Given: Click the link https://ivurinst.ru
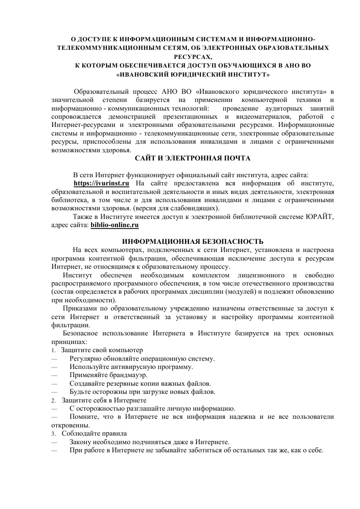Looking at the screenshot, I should (102, 183).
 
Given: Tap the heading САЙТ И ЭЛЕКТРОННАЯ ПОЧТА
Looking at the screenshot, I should (193, 158).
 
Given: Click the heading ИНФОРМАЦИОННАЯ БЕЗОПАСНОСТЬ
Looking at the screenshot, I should (193, 241).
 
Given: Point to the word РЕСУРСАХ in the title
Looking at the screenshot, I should (193, 57).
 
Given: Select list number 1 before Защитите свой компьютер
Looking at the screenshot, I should (53, 351).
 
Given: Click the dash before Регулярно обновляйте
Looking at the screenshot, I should (54, 359).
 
